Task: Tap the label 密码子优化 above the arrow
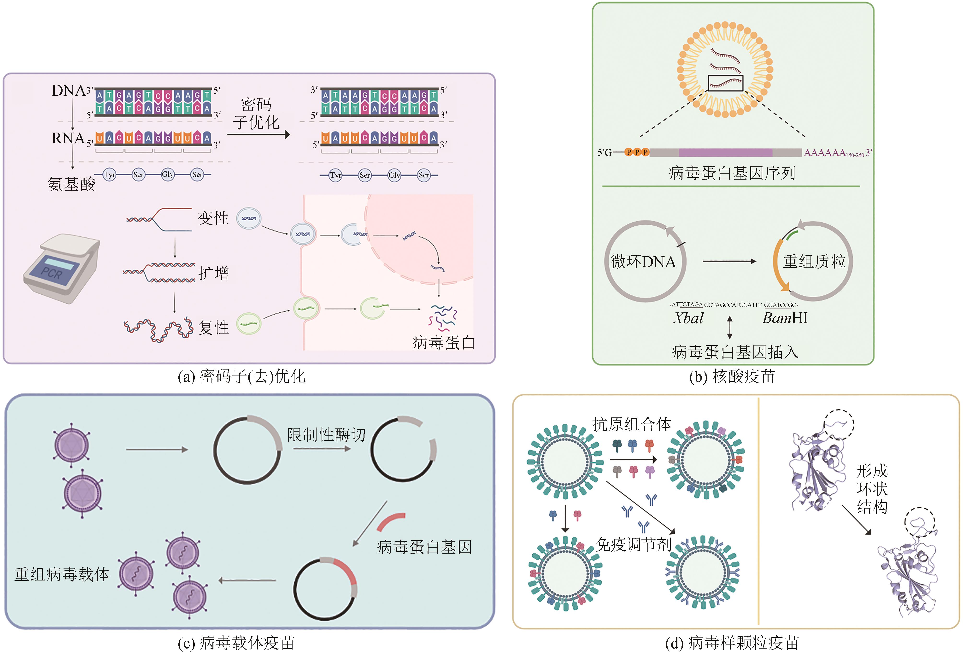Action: [x=256, y=113]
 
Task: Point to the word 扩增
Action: [x=213, y=273]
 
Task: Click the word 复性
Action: [x=213, y=327]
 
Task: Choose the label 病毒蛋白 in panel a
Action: [x=443, y=342]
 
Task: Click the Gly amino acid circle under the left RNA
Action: [x=168, y=175]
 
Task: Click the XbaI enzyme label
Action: [x=688, y=318]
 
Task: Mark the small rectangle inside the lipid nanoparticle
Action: [x=725, y=83]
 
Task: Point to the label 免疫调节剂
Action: [x=633, y=544]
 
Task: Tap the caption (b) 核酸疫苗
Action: [x=732, y=376]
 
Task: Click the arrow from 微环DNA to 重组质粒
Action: [x=729, y=262]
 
